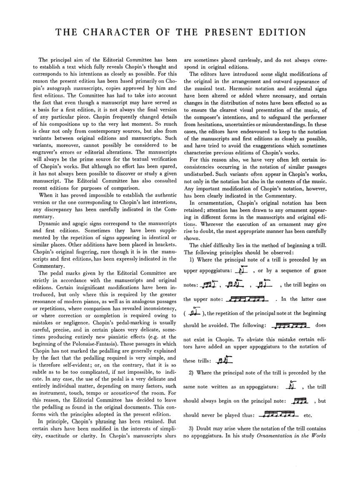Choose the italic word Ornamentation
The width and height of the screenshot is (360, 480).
280,436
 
